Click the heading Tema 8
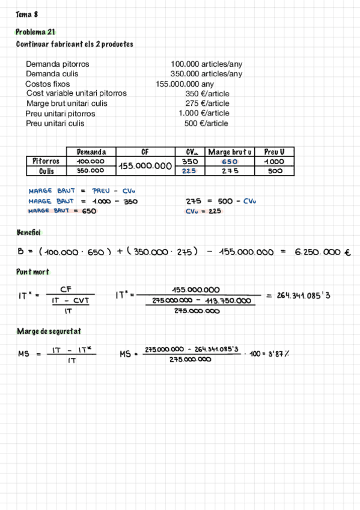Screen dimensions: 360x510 (x=27, y=14)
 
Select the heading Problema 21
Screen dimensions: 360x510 (x=35, y=32)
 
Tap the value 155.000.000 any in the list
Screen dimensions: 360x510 (x=185, y=84)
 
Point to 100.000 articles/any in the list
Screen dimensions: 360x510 (x=206, y=64)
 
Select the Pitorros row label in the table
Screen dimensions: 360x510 (x=46, y=161)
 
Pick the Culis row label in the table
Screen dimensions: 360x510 (x=46, y=171)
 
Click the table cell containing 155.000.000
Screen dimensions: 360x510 (x=145, y=165)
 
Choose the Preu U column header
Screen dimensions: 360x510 (x=275, y=152)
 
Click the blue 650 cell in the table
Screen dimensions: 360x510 (x=230, y=161)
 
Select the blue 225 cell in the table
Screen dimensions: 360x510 (x=189, y=171)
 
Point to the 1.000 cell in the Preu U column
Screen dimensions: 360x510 (x=275, y=161)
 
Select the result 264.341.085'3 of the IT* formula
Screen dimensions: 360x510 (x=303, y=295)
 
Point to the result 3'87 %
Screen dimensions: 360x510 (x=276, y=354)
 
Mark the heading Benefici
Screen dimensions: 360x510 (x=28, y=232)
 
